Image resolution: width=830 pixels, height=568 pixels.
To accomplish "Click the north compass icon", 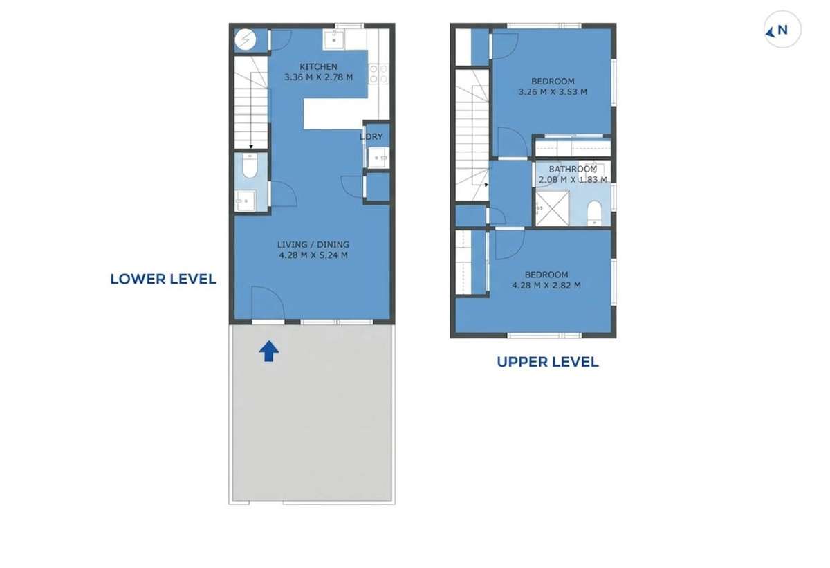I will [x=781, y=30].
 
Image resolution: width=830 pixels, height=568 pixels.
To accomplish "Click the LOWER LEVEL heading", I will [x=163, y=279].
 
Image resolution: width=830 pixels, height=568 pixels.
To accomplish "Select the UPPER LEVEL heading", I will [x=547, y=362].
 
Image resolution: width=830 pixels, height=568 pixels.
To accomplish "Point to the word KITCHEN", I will [x=318, y=67].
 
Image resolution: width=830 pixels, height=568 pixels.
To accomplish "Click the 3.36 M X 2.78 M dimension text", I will [x=318, y=77].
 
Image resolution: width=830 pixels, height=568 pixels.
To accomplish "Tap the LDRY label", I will [x=371, y=137].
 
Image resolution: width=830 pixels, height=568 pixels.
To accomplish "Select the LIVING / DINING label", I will [x=313, y=244].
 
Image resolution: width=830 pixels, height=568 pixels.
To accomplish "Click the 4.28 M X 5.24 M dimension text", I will [x=313, y=255].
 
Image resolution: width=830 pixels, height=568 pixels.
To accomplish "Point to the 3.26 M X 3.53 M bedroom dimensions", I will [x=553, y=91].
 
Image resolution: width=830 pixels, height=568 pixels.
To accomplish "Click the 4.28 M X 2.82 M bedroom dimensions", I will [x=546, y=285].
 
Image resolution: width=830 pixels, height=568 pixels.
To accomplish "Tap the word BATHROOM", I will [x=572, y=169].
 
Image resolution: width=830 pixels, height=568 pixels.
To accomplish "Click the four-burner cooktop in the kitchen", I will [x=378, y=73].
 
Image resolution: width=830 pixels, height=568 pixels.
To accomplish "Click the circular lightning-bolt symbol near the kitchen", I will [x=244, y=41].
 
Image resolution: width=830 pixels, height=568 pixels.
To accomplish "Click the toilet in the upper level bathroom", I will [x=594, y=212].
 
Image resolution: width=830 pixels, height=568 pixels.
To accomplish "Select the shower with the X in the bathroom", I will [x=551, y=210].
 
